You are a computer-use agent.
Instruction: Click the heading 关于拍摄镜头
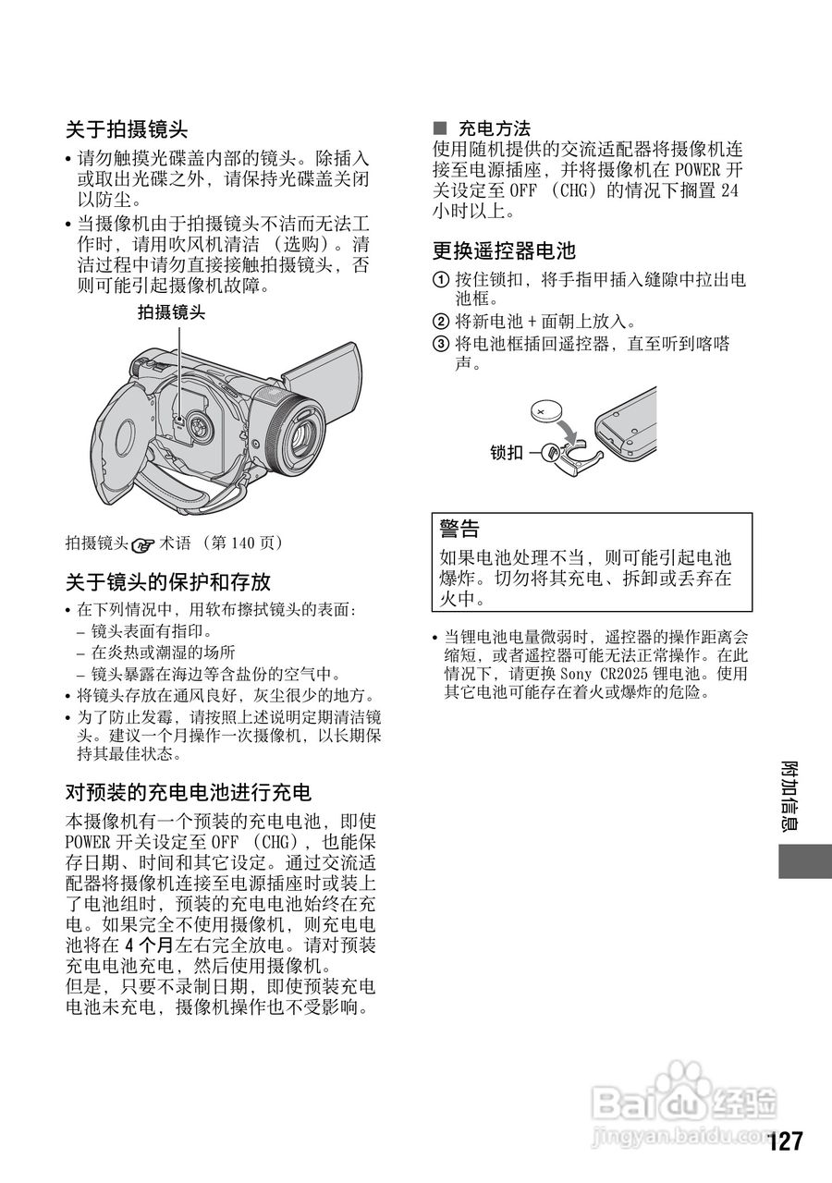pos(127,128)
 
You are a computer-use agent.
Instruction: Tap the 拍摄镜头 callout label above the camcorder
pos(171,313)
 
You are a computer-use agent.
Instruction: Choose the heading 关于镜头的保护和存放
pos(167,582)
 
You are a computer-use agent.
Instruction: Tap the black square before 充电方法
pos(440,128)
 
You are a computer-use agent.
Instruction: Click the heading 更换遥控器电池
pos(504,250)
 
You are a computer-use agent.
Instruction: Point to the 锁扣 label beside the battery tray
pos(507,452)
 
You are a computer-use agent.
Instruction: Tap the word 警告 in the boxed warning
pos(459,529)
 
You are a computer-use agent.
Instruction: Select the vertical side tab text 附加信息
pos(791,796)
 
